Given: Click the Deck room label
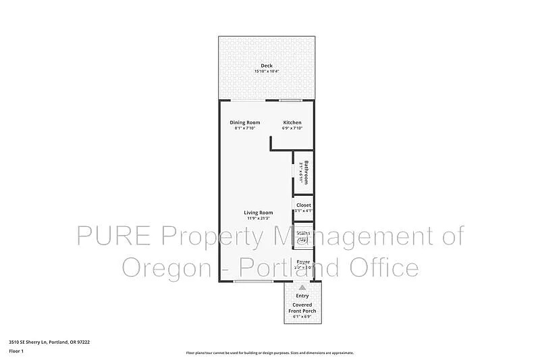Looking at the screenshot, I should (267, 66).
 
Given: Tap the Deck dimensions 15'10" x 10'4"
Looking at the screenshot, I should (267, 71).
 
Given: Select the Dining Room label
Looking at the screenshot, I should (244, 122).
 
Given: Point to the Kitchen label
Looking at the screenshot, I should (292, 122).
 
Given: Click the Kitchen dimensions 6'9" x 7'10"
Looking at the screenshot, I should (292, 128).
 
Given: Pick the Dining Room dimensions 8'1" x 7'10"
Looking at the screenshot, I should (244, 128).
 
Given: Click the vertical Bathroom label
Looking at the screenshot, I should (306, 172).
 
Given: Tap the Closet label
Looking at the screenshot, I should (304, 205).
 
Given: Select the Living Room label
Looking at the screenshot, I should (258, 213).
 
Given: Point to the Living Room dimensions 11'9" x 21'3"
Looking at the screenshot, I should (258, 218).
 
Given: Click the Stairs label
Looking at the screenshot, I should (303, 233).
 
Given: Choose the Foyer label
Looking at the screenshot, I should (303, 261).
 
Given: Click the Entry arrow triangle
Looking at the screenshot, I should (302, 287).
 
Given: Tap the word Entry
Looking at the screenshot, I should (302, 295).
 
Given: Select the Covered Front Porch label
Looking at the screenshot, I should (302, 307).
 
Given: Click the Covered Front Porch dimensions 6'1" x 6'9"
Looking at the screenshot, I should (302, 316).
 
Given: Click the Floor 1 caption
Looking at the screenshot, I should (16, 351).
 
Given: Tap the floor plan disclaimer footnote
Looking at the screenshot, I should (270, 353).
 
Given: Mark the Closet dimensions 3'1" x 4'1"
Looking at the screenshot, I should (303, 211).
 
